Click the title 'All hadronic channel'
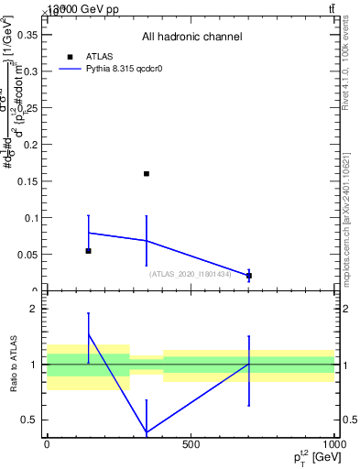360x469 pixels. [x=191, y=38]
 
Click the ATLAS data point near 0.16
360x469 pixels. [x=147, y=173]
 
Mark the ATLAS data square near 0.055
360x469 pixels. [x=88, y=250]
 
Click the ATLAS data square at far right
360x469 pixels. [x=248, y=276]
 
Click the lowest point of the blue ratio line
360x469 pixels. [x=147, y=432]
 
